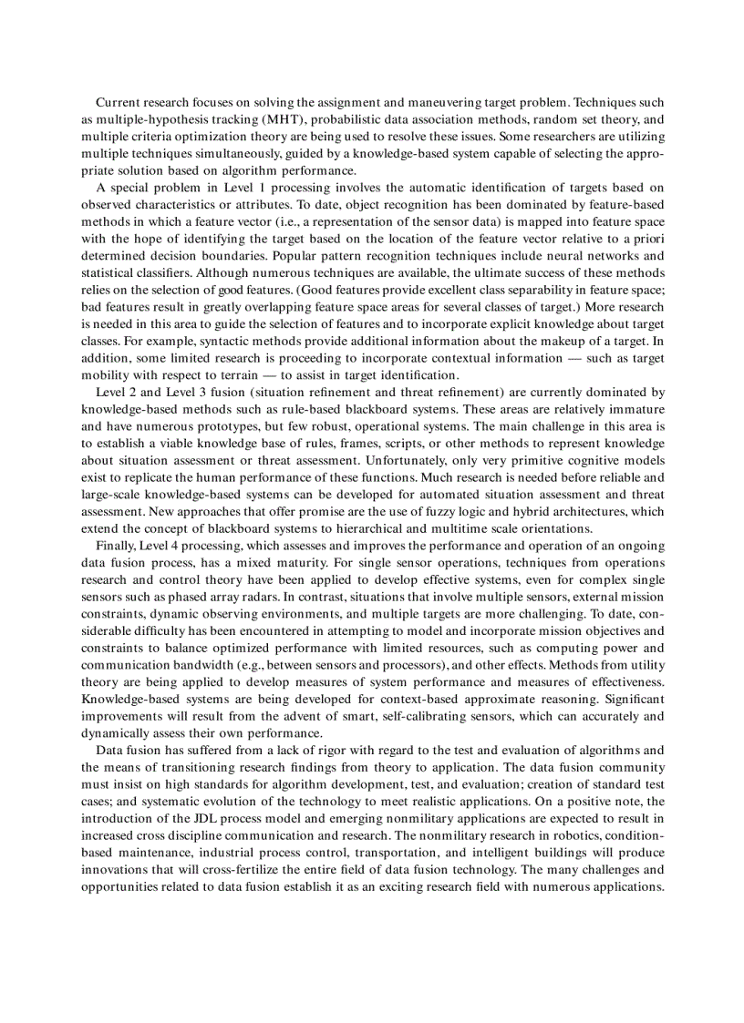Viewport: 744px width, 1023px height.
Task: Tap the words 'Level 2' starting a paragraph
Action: coord(117,392)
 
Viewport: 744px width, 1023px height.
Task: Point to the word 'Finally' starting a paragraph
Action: coord(115,546)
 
